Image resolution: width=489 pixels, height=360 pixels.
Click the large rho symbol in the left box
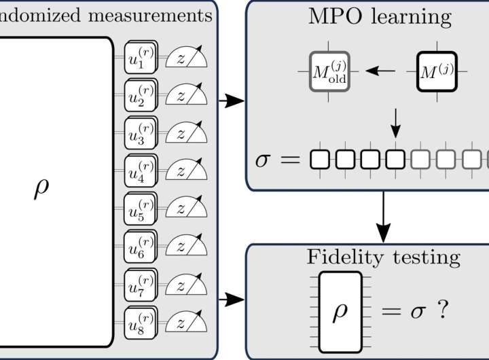[41, 189]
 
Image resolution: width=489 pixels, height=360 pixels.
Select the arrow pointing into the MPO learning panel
[232, 101]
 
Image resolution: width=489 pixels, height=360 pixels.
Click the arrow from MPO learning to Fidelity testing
[384, 217]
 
